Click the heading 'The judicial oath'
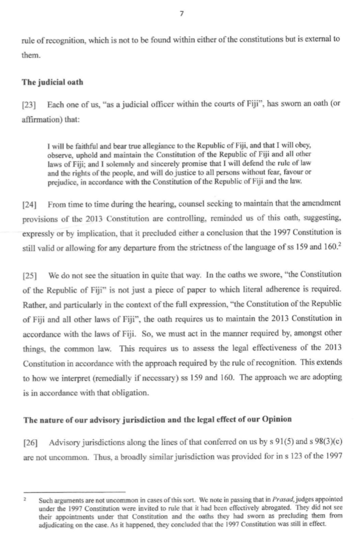click(52, 82)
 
